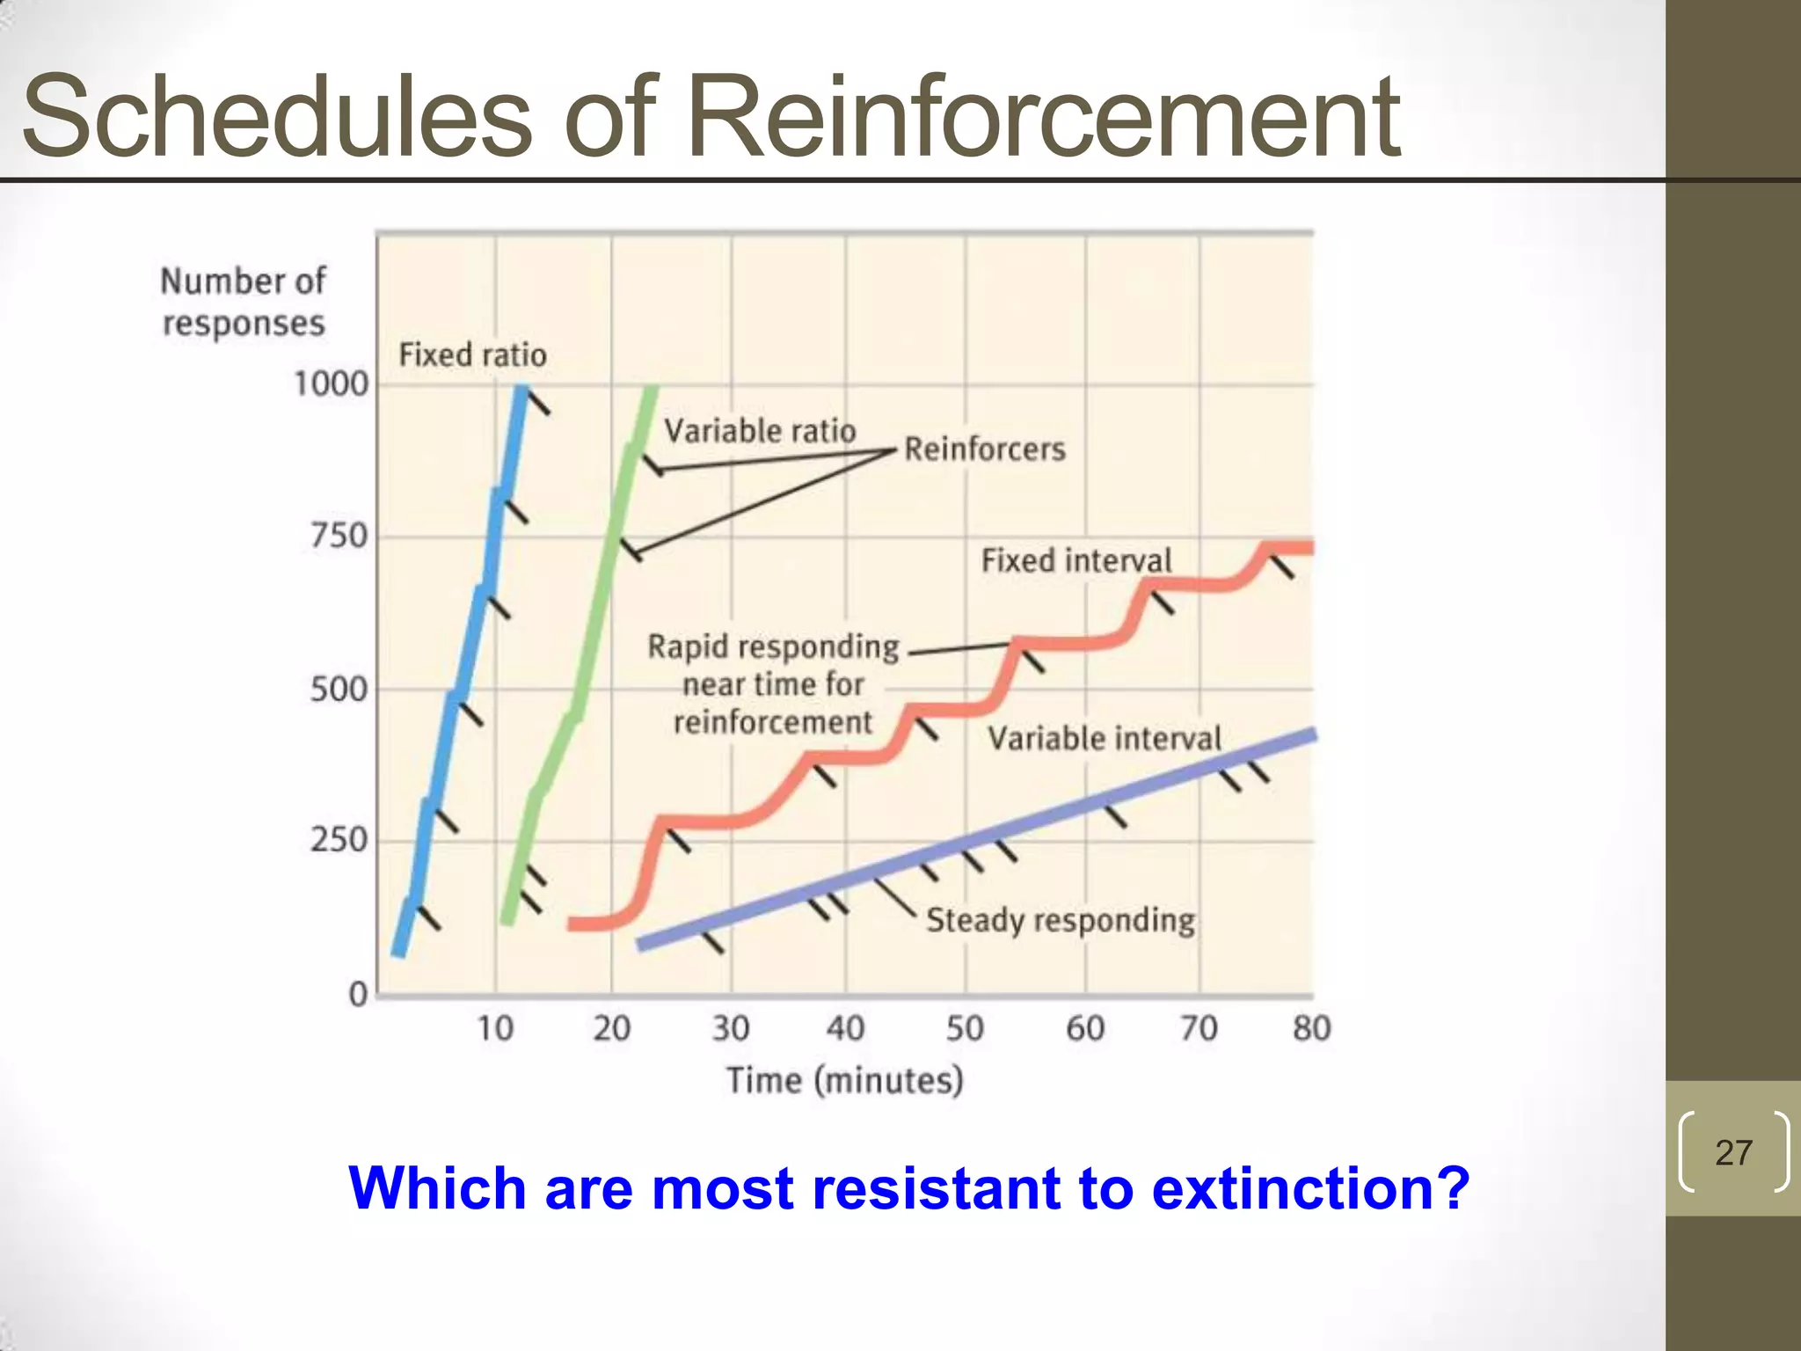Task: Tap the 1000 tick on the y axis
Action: [x=331, y=384]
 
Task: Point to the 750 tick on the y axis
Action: [x=339, y=536]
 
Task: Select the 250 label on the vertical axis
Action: [x=339, y=840]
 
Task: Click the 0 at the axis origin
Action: [x=358, y=995]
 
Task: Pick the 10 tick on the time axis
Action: [x=495, y=1028]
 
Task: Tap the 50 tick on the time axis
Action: [x=965, y=1028]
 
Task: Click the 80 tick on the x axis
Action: [x=1311, y=1028]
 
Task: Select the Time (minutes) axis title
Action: [x=844, y=1080]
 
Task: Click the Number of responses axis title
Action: [x=244, y=302]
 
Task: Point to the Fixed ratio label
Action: [x=472, y=355]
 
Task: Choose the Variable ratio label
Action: [x=760, y=431]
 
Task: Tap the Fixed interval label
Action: [x=1076, y=560]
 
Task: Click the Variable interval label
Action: [x=1105, y=738]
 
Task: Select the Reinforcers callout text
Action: [x=985, y=449]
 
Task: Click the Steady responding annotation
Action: [x=1061, y=920]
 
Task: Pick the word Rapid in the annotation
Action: [x=688, y=647]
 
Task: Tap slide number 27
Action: [x=1733, y=1152]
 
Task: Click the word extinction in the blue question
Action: [x=1310, y=1188]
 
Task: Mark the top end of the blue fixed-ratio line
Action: [x=522, y=389]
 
